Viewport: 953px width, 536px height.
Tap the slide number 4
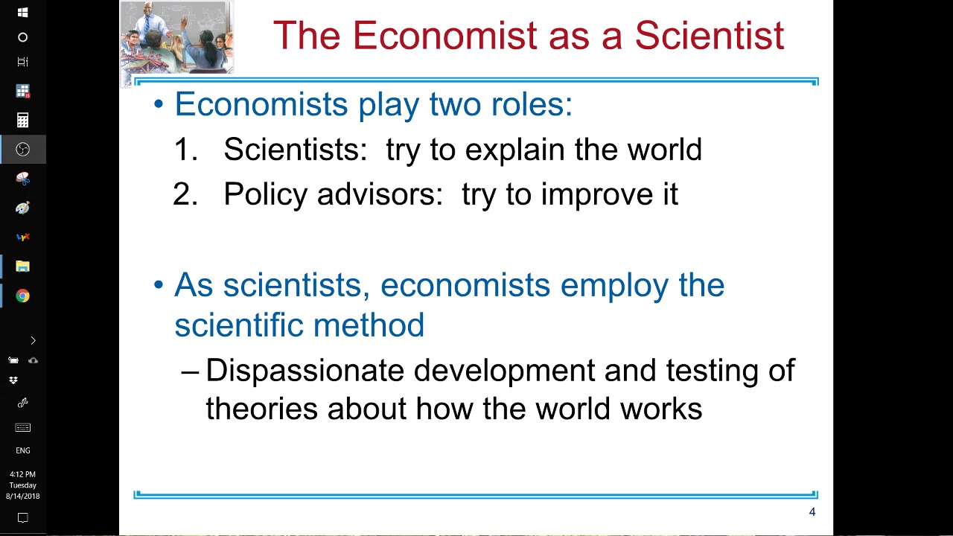812,512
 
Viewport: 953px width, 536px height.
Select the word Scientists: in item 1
296,150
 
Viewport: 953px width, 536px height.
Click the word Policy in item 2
265,194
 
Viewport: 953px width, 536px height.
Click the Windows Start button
22,13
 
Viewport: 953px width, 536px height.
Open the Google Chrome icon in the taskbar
22,296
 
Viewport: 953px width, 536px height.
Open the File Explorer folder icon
22,267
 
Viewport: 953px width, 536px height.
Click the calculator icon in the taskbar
22,120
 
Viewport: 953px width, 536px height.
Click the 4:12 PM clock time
22,474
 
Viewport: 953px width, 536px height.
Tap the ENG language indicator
22,450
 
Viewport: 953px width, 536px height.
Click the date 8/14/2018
22,497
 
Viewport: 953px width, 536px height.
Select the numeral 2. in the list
185,194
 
